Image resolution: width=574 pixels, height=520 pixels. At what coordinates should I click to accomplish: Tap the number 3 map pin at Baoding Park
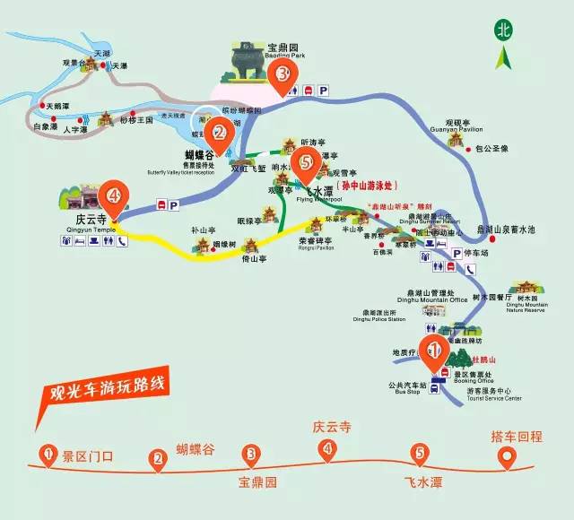point(283,75)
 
